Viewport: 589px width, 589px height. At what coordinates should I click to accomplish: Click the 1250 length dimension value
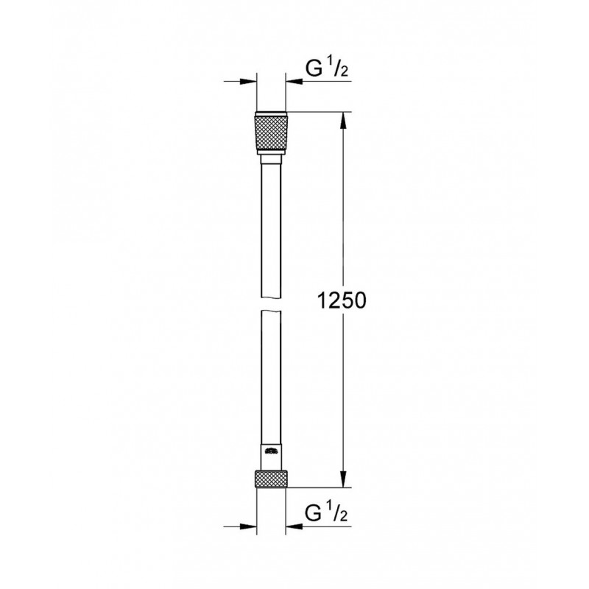tap(342, 300)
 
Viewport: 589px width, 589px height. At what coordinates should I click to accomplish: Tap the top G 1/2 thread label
tap(327, 68)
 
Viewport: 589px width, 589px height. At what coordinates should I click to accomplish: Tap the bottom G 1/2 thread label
tap(327, 513)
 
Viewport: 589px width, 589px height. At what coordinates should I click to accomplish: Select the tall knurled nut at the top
tap(271, 133)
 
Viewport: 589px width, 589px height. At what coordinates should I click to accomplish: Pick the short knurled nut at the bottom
tap(271, 478)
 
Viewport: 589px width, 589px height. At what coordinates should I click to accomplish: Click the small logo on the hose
tap(271, 451)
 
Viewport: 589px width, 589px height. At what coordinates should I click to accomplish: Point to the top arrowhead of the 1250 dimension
tap(343, 121)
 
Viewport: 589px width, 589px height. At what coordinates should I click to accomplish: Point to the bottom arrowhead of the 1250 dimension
tap(343, 479)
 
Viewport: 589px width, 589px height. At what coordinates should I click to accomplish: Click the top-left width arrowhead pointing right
tap(248, 81)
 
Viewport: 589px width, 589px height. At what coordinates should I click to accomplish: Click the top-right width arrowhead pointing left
tap(294, 81)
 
